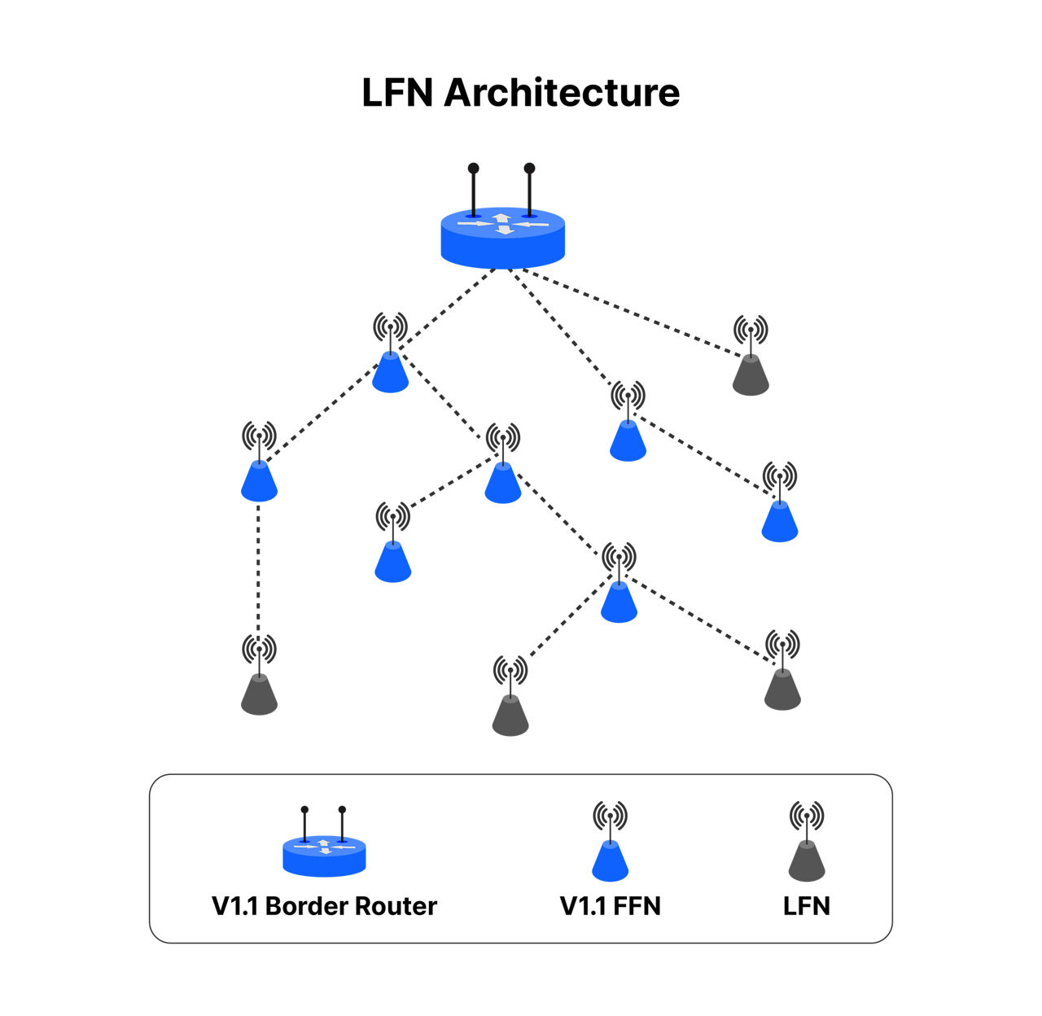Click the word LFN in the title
coord(396,93)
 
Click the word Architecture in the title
coord(561,93)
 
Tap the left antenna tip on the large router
coord(473,169)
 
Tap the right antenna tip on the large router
coord(530,169)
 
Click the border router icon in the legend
coord(324,842)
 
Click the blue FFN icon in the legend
coord(610,842)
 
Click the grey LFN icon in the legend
coord(807,842)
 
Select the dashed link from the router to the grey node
coord(632,313)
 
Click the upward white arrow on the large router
coord(501,218)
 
